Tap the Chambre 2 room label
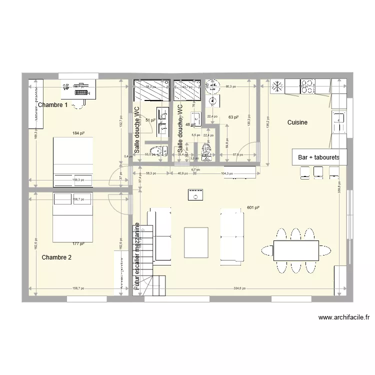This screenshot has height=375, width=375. click(x=56, y=257)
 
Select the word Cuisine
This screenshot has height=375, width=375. click(x=297, y=122)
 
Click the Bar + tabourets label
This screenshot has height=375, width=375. click(x=318, y=157)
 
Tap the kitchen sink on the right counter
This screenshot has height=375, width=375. click(x=339, y=118)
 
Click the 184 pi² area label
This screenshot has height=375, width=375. click(x=78, y=133)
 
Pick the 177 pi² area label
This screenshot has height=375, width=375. click(x=78, y=244)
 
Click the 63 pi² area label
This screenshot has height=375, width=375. click(x=233, y=117)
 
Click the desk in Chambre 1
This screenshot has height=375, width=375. click(x=78, y=87)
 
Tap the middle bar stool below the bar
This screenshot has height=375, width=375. click(x=318, y=171)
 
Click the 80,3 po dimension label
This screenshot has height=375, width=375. click(x=230, y=86)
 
